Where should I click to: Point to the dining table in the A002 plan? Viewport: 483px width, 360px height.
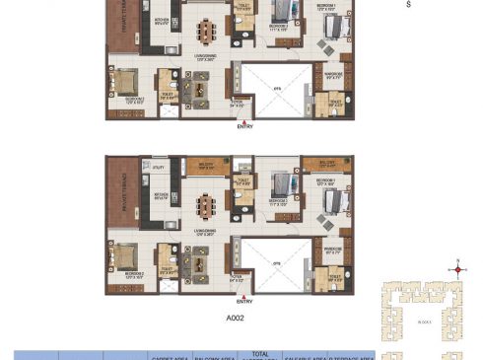[x=207, y=207]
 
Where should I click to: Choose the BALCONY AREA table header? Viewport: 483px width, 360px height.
[x=212, y=356]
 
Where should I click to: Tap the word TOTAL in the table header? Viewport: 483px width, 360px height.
[x=258, y=352]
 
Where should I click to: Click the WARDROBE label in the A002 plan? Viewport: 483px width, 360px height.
[x=332, y=248]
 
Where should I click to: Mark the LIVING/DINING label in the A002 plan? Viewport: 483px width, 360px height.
[x=206, y=234]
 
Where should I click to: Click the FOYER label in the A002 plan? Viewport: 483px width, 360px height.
[x=237, y=278]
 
